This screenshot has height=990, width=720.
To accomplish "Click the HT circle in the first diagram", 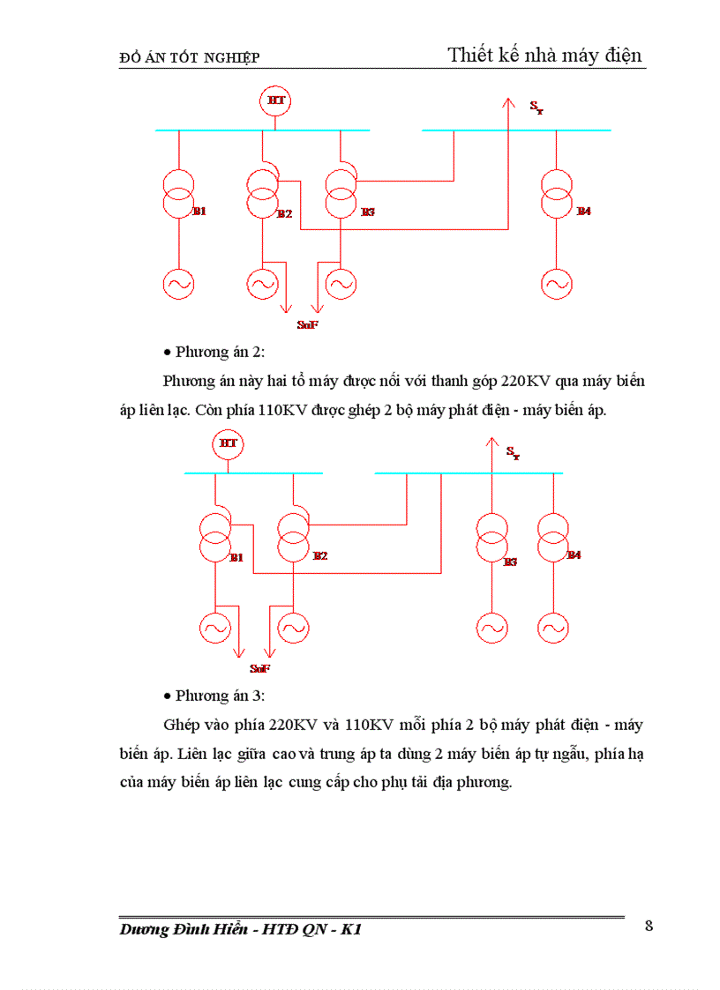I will click(275, 101).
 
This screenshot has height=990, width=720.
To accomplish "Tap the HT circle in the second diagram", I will click(228, 443).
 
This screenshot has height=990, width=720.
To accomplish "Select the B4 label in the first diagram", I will click(583, 212).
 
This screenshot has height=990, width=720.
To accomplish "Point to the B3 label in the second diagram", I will click(509, 562).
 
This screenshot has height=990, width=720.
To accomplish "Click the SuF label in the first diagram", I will click(307, 326).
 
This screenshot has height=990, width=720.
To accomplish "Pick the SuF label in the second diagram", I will click(259, 669).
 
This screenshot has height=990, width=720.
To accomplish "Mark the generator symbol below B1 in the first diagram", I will click(178, 283).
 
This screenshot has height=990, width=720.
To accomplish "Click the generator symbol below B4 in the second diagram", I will click(553, 628).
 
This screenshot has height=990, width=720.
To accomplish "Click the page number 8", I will click(649, 926).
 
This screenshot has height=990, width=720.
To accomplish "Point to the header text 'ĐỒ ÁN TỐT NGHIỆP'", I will click(189, 58).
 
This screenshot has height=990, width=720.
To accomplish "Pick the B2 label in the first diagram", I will click(284, 214).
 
